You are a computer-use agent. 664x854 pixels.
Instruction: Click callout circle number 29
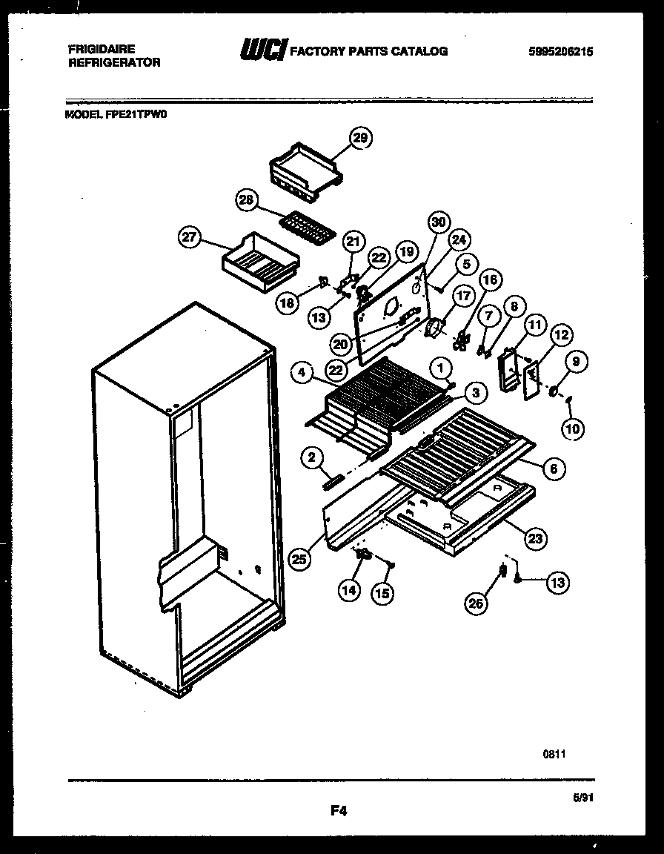click(x=361, y=139)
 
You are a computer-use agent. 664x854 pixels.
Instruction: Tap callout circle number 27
click(x=190, y=237)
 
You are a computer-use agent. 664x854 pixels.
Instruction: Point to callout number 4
click(x=302, y=374)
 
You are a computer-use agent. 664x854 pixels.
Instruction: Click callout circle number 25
click(x=299, y=560)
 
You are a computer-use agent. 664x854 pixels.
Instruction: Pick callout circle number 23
click(x=534, y=540)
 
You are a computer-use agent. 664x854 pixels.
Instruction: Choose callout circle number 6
click(x=554, y=468)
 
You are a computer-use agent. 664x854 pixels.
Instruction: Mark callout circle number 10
click(x=574, y=428)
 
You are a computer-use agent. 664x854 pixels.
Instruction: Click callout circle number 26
click(x=476, y=604)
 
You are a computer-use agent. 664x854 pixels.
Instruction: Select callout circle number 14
click(x=349, y=591)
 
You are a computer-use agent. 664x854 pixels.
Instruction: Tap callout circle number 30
click(x=439, y=222)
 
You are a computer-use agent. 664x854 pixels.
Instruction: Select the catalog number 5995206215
click(x=561, y=52)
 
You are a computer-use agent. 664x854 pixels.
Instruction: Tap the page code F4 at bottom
click(x=339, y=811)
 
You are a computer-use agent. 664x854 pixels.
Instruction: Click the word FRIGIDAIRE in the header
click(x=102, y=49)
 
